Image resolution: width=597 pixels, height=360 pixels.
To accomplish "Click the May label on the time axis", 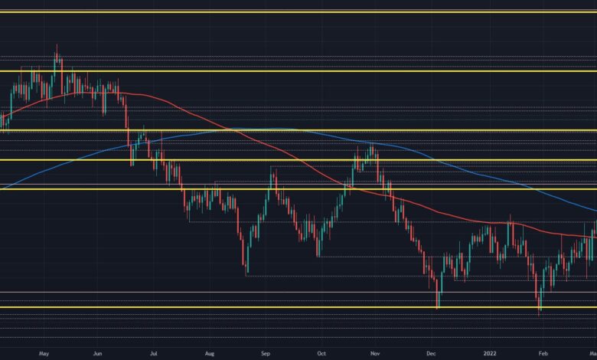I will (44, 354).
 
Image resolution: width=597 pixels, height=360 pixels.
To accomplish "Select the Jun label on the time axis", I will (98, 354).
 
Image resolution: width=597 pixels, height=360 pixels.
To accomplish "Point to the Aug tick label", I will (210, 354).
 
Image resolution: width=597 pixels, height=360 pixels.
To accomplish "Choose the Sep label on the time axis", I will (266, 354).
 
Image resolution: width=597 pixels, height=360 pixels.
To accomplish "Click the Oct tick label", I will (321, 354).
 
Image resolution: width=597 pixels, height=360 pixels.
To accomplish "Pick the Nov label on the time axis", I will (376, 354).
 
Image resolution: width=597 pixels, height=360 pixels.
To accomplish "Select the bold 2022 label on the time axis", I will (487, 354).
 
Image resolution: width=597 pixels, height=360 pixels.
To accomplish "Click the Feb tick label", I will (543, 354).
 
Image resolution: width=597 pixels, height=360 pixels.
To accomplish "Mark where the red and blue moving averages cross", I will (227, 130).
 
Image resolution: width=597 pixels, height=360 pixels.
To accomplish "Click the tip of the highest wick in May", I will (57, 45).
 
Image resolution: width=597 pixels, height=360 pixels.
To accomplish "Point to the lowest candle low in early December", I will (438, 309).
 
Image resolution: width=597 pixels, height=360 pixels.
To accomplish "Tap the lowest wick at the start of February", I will (539, 314).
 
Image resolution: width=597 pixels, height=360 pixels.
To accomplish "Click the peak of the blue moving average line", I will (276, 128).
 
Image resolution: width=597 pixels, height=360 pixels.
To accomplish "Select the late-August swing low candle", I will (246, 274).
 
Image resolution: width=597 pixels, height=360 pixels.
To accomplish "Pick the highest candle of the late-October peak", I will (371, 143).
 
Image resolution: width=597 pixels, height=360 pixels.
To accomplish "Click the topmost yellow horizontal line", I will (298, 12).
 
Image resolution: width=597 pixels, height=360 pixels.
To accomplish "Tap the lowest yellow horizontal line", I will (298, 307).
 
